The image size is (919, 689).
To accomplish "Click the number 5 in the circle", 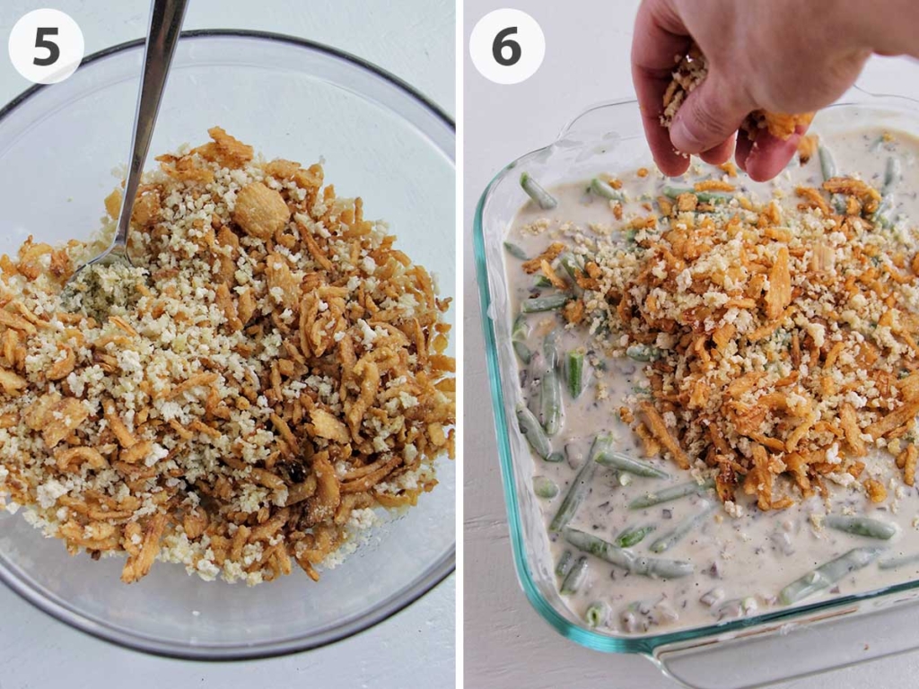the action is click(x=47, y=47).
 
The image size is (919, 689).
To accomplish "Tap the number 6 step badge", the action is click(x=506, y=47).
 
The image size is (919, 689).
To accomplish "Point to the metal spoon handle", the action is click(x=147, y=118).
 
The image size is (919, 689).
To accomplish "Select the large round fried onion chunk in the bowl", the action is click(x=261, y=209).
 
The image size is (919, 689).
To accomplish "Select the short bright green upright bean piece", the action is click(x=575, y=372).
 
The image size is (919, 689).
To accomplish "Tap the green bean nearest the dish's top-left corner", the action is click(x=538, y=190).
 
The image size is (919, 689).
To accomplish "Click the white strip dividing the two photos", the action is click(x=459, y=344).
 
